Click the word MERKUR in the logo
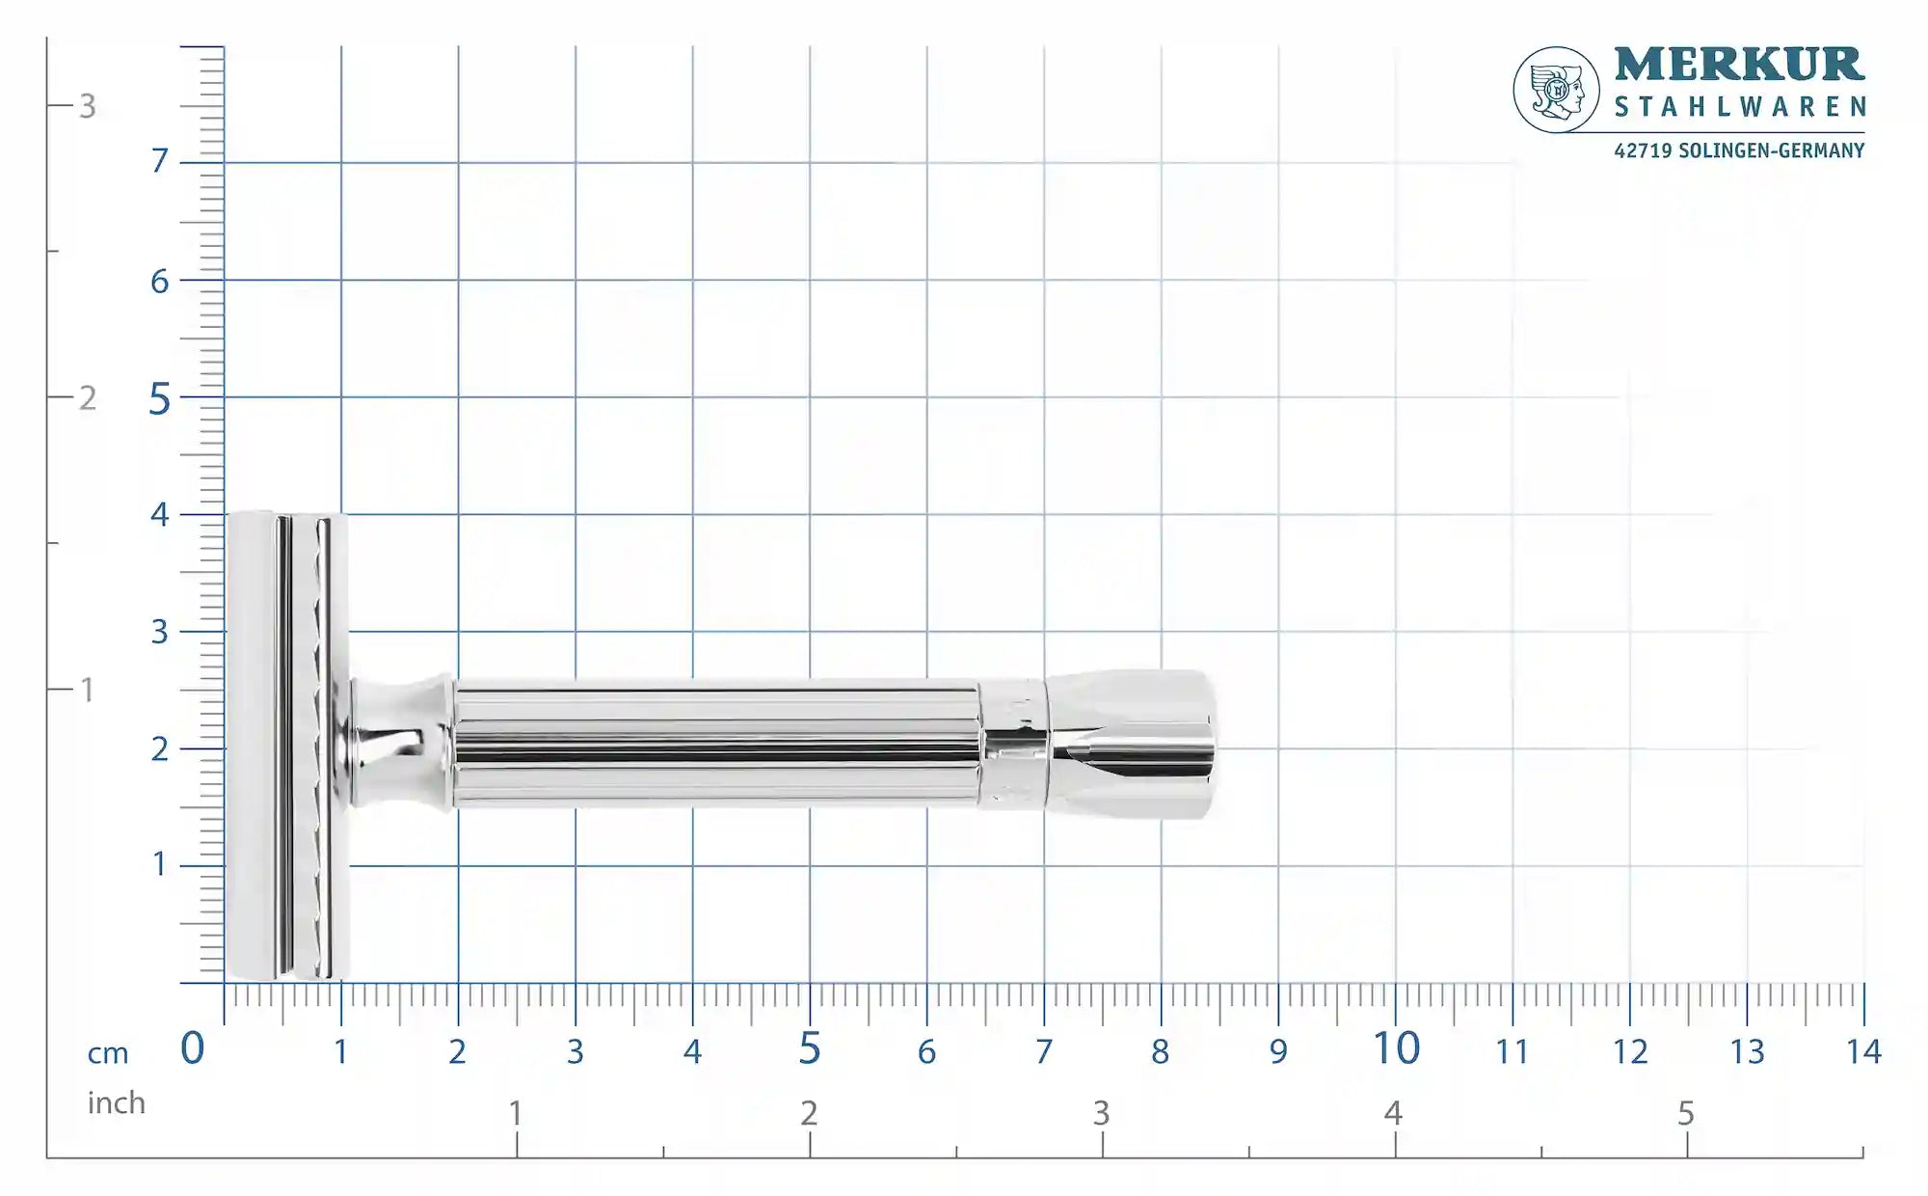coord(1739,65)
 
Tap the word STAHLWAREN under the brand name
coord(1739,107)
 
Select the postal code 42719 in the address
coord(1643,150)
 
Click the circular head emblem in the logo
coord(1556,90)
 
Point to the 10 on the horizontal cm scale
coord(1396,1048)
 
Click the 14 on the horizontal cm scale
coord(1863,1051)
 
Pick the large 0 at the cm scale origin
coord(193,1048)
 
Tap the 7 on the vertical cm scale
coord(160,160)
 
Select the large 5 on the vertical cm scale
coord(159,399)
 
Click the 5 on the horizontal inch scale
coord(1685,1113)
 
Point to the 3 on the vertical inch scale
coord(88,106)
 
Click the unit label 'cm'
coord(108,1053)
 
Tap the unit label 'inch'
coord(116,1102)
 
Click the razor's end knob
coord(1133,744)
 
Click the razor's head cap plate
coord(253,745)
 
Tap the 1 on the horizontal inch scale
coord(516,1113)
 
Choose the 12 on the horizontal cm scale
coord(1630,1051)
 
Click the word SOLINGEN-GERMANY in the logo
coord(1771,150)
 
